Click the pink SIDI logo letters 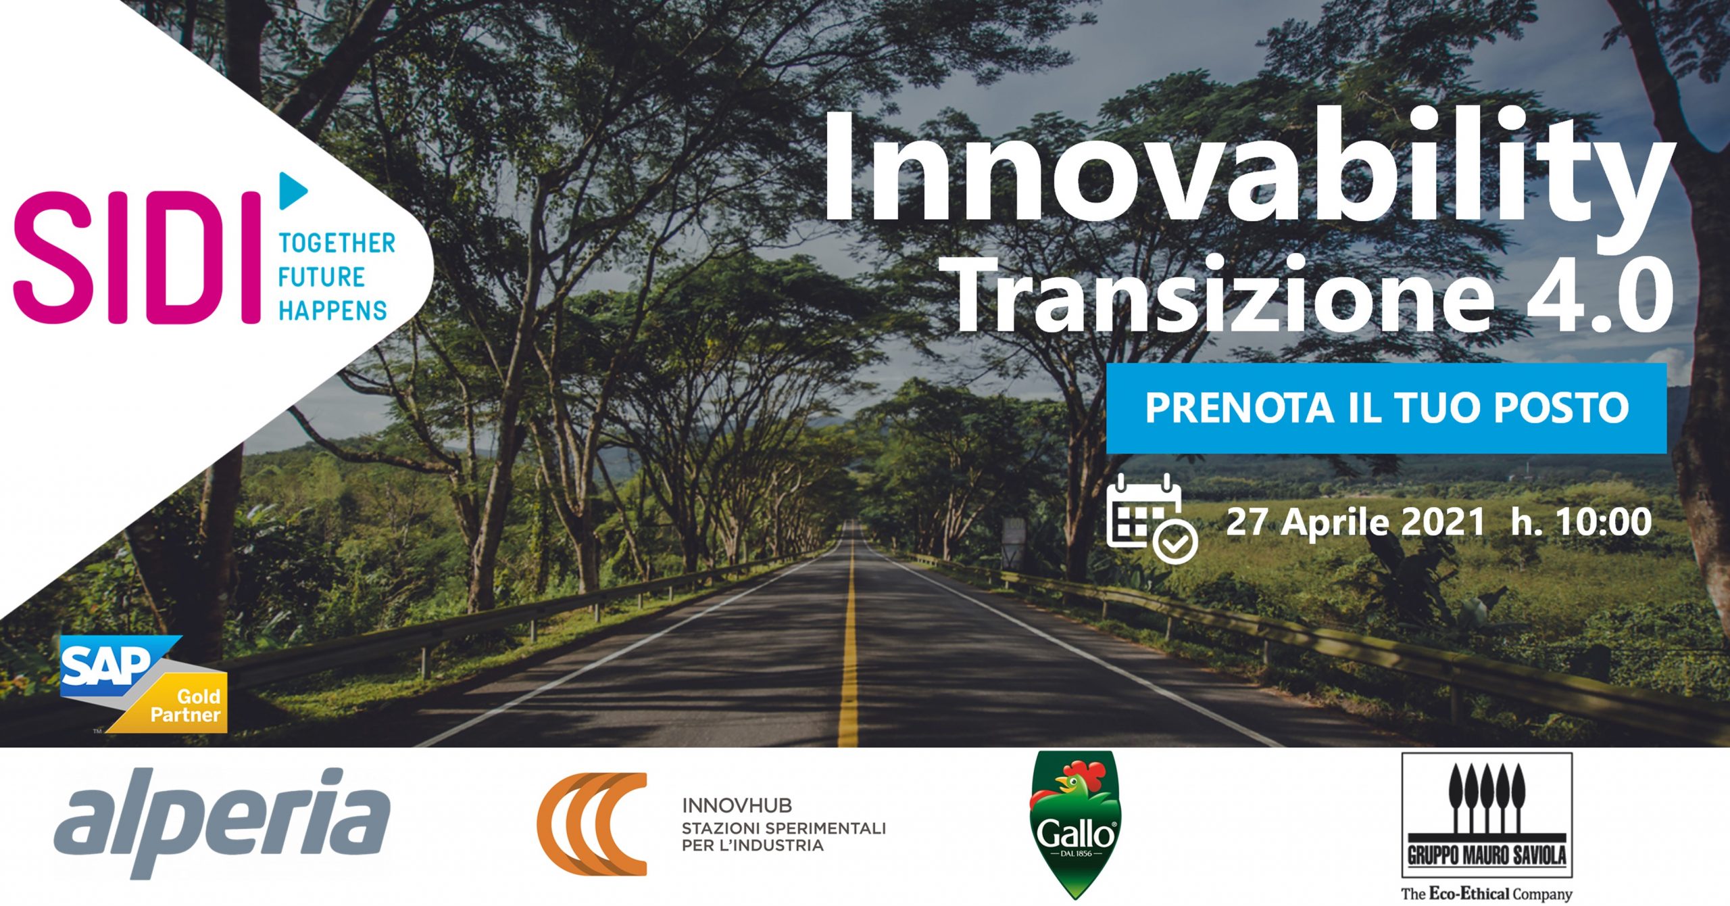click(137, 258)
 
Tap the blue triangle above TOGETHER click(293, 191)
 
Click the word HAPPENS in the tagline click(332, 311)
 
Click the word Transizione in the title click(1224, 295)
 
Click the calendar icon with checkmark click(1152, 519)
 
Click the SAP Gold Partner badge click(144, 684)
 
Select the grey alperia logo click(222, 821)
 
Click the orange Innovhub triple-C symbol click(592, 824)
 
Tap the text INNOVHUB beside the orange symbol click(737, 805)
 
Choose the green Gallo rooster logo click(1074, 824)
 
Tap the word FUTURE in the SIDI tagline click(322, 277)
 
